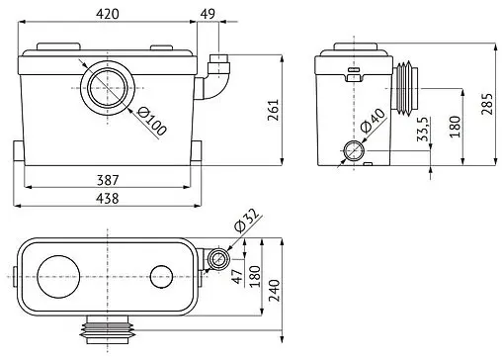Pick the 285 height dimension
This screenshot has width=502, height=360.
tap(485, 104)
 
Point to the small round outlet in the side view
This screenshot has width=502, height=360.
tap(353, 151)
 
